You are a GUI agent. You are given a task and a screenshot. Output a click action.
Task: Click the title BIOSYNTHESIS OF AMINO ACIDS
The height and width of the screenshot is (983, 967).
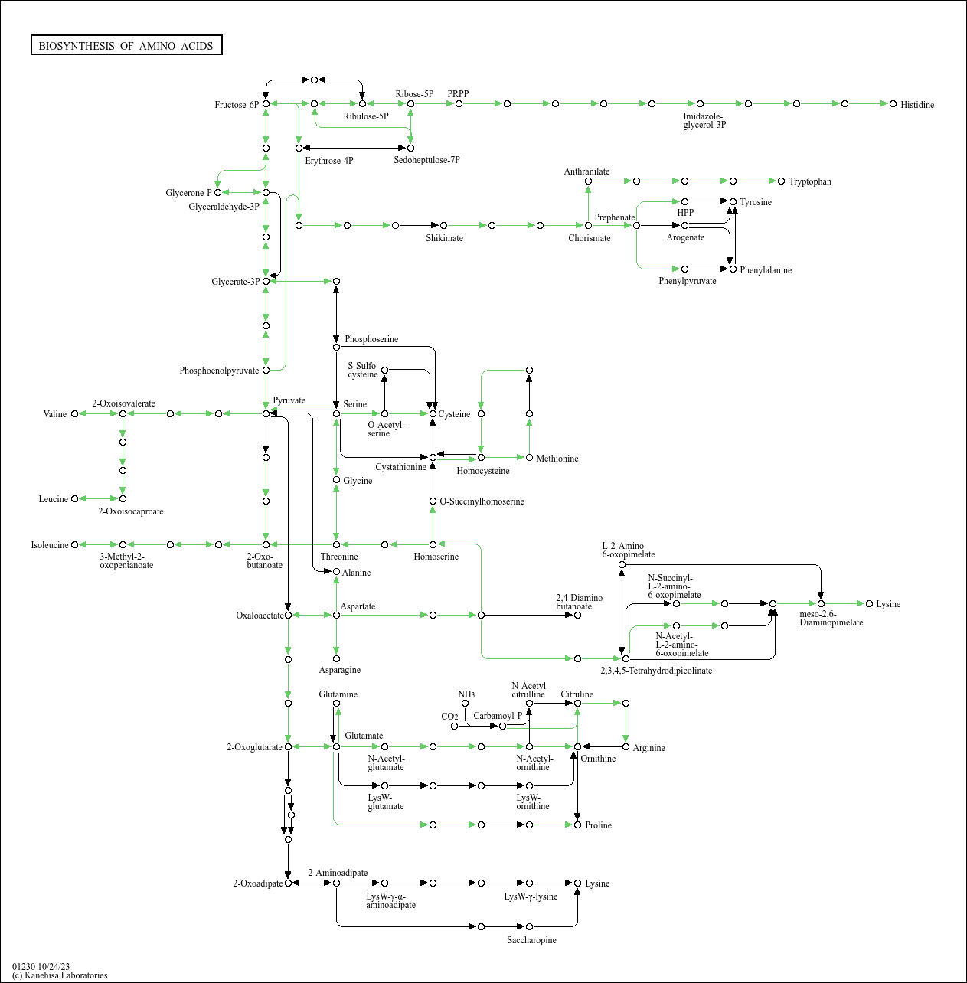pyautogui.click(x=126, y=46)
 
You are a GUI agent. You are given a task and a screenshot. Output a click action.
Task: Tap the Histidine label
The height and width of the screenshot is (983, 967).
pyautogui.click(x=917, y=105)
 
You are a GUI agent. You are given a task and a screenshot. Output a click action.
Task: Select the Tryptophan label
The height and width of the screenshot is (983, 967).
pyautogui.click(x=810, y=181)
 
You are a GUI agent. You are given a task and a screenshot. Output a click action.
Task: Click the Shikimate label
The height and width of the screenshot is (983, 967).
pyautogui.click(x=444, y=238)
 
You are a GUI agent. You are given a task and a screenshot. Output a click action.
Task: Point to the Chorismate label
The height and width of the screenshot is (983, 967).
pyautogui.click(x=590, y=238)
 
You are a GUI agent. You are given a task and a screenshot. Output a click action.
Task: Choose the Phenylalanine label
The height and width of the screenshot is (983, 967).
pyautogui.click(x=766, y=270)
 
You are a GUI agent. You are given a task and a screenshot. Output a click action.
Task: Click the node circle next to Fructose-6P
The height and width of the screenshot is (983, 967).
pyautogui.click(x=266, y=103)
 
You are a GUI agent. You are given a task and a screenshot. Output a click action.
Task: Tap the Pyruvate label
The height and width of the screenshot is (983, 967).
pyautogui.click(x=289, y=400)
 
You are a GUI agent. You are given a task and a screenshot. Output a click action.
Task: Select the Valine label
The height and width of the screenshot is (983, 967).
pyautogui.click(x=55, y=414)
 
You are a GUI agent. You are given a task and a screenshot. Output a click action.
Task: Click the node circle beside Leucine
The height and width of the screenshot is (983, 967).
pyautogui.click(x=74, y=499)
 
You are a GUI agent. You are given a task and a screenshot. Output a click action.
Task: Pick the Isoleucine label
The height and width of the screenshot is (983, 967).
pyautogui.click(x=50, y=545)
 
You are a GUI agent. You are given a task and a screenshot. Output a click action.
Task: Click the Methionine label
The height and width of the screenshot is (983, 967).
pyautogui.click(x=557, y=459)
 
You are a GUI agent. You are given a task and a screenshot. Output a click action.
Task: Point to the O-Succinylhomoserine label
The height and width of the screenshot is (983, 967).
pyautogui.click(x=482, y=501)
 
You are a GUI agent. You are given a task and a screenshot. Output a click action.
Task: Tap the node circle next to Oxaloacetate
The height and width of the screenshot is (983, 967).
pyautogui.click(x=288, y=615)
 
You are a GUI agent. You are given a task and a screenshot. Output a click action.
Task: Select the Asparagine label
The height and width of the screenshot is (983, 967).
pyautogui.click(x=340, y=670)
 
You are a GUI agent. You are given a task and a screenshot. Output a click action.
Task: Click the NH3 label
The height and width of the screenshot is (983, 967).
pyautogui.click(x=466, y=694)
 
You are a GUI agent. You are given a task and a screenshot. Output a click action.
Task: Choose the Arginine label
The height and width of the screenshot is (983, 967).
pyautogui.click(x=648, y=748)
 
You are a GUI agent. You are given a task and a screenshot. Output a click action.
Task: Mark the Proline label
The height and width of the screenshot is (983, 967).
pyautogui.click(x=598, y=825)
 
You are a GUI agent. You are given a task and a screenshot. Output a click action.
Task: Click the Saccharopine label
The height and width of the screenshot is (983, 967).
pyautogui.click(x=531, y=940)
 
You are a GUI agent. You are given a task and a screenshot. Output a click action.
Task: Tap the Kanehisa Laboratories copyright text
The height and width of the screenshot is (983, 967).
pyautogui.click(x=60, y=975)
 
